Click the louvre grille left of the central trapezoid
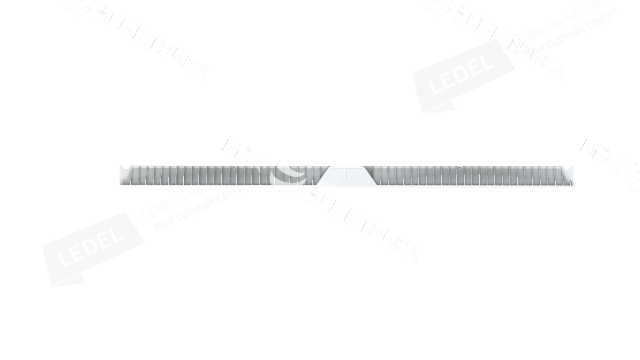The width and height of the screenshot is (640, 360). (x=200, y=175)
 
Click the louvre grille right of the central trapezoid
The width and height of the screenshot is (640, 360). (x=470, y=175)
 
